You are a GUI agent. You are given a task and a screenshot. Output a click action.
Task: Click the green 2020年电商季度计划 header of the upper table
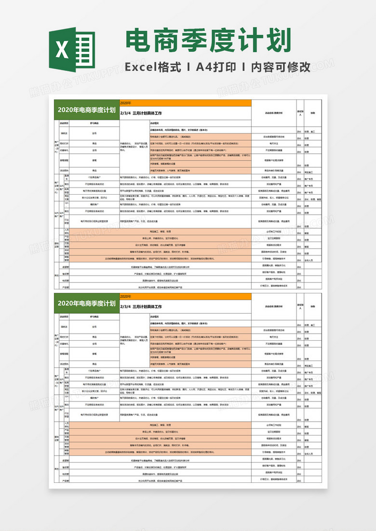[86, 110]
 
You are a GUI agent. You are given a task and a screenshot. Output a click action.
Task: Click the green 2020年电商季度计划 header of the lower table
[86, 303]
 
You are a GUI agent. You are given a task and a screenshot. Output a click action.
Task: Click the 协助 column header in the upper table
[312, 113]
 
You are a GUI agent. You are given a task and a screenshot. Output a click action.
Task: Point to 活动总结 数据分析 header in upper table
[274, 113]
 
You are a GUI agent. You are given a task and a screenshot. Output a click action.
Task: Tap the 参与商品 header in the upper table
[94, 123]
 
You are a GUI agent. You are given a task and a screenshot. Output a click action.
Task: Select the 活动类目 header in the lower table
[64, 316]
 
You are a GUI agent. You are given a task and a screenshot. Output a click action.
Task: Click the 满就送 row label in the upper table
[64, 133]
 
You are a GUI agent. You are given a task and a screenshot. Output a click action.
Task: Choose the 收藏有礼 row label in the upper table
[64, 150]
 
